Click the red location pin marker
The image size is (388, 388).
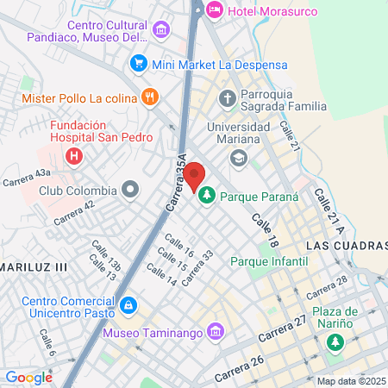(x=195, y=176)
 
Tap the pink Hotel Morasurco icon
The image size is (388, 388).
(x=213, y=10)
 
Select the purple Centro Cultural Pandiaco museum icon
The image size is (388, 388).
(x=160, y=31)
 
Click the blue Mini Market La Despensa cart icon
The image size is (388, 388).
(x=137, y=64)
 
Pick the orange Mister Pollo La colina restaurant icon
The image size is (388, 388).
(x=150, y=97)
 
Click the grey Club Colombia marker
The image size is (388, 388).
(x=130, y=189)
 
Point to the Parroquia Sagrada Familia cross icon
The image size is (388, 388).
(x=228, y=97)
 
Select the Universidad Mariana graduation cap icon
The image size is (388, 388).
(x=237, y=157)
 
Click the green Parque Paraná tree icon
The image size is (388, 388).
(x=207, y=197)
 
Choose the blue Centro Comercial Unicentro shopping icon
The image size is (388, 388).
(x=128, y=305)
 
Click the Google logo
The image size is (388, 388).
(x=28, y=377)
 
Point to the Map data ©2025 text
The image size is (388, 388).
(x=351, y=381)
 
